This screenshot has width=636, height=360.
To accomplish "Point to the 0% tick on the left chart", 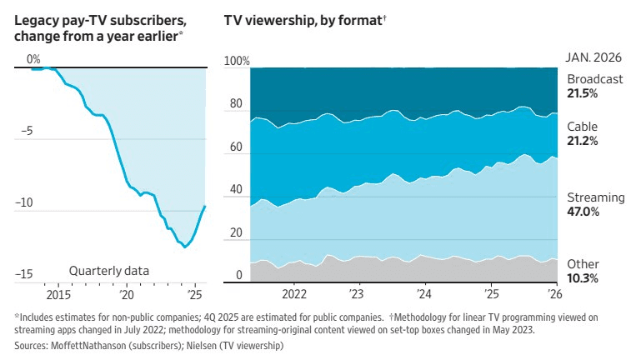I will click(33, 59).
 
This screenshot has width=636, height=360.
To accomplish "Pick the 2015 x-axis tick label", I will click(58, 294).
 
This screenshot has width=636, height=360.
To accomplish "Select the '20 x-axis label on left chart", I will click(127, 294).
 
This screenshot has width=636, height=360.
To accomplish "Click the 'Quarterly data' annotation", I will click(108, 270).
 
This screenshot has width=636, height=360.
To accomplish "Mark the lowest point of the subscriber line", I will click(185, 247).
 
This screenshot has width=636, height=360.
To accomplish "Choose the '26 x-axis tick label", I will click(554, 294).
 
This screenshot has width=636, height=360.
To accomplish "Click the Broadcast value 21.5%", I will click(583, 93).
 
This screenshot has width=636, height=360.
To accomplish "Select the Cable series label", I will click(582, 127).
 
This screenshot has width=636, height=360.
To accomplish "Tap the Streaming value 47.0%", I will click(584, 212).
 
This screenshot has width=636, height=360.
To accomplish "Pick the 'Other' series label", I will click(583, 264).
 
